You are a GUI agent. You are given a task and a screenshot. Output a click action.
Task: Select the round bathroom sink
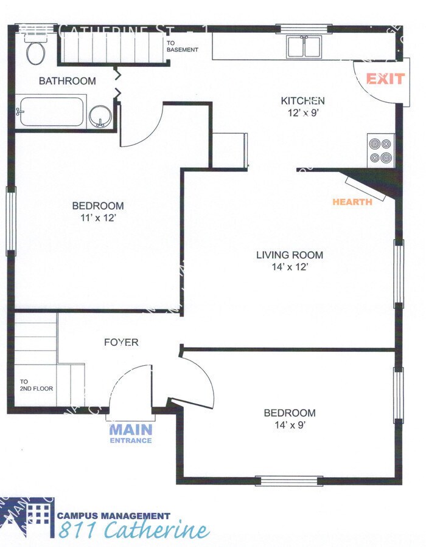100,115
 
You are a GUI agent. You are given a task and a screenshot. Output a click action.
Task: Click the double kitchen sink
304,46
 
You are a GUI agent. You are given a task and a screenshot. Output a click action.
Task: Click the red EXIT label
385,79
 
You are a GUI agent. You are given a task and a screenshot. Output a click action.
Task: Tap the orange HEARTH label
352,202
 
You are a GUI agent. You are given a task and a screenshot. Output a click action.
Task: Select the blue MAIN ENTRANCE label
130,433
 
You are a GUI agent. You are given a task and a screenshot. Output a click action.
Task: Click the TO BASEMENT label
182,46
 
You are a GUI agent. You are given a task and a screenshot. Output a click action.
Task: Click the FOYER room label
120,342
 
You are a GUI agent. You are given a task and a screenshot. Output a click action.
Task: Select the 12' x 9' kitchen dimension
302,112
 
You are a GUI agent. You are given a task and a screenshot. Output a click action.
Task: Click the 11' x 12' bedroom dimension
97,218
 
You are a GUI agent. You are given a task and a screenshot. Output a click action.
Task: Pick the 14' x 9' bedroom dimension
289,425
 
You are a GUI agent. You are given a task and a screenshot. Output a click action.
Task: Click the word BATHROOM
67,81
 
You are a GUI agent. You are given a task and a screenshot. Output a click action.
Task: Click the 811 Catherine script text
134,531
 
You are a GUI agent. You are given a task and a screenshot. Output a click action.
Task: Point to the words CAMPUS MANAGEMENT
114,515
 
